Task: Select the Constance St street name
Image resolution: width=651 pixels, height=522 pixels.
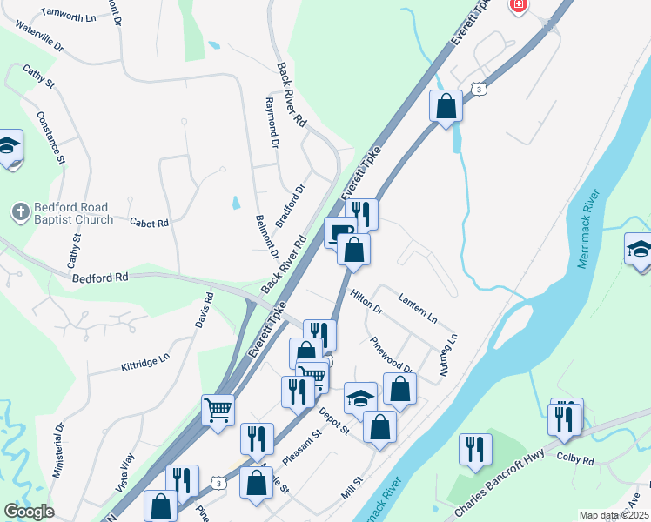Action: coord(50,137)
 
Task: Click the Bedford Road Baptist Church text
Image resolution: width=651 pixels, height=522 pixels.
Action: coord(73,213)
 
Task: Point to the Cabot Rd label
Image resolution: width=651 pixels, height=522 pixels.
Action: coord(149,223)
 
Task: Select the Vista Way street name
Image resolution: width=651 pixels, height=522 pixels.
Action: coord(124,471)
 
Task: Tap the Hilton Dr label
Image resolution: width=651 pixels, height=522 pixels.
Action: coord(366,302)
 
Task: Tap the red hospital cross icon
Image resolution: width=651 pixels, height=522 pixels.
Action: coord(519,5)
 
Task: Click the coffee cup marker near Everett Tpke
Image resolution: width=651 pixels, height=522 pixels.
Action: coord(338,231)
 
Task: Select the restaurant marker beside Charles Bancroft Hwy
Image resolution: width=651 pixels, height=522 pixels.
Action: coord(476,448)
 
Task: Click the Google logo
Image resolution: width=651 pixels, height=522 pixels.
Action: coord(29,512)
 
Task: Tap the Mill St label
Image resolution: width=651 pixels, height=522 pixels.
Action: coord(352,487)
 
